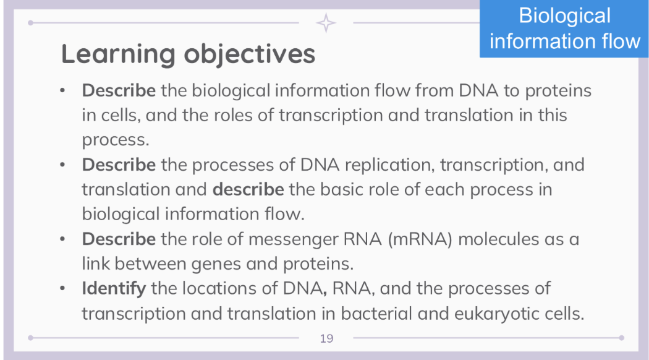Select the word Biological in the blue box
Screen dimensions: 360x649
pyautogui.click(x=564, y=15)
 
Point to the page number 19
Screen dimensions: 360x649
pyautogui.click(x=326, y=338)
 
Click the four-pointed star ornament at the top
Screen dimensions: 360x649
pyautogui.click(x=326, y=23)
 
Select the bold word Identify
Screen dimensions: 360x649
pyautogui.click(x=114, y=288)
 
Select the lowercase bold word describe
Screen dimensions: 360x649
pyautogui.click(x=248, y=189)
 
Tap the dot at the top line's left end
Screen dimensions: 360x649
pyautogui.click(x=30, y=23)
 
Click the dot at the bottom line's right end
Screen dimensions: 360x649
pyautogui.click(x=621, y=338)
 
